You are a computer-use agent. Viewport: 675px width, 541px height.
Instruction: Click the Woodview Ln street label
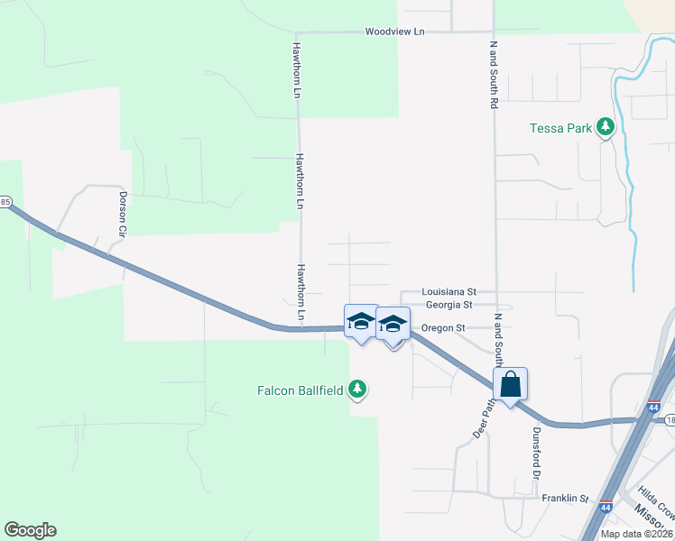coord(394,32)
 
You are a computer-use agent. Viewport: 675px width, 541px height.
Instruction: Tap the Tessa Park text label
coord(560,128)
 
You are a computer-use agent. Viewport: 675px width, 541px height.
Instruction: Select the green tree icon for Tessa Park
coord(607,127)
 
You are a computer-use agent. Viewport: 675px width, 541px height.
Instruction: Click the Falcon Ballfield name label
coord(301,390)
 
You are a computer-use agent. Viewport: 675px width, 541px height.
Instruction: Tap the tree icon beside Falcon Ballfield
coord(359,389)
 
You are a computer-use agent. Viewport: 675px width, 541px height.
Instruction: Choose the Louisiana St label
coord(450,292)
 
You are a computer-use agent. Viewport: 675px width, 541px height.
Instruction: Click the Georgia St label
coord(449,306)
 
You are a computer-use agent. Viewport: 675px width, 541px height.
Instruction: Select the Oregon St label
coord(444,328)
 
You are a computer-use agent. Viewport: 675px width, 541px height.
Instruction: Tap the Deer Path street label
coord(485,418)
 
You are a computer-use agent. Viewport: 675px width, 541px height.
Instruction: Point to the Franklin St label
coord(565,498)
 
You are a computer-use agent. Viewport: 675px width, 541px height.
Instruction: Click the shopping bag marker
coord(510,384)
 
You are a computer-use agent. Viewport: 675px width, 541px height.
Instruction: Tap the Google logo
coord(30,530)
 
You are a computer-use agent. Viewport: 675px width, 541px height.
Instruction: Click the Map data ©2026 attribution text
coord(636,534)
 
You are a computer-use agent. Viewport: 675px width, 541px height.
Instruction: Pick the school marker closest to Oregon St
coord(393,325)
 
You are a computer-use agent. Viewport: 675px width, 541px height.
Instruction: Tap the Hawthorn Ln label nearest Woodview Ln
coord(296,68)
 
